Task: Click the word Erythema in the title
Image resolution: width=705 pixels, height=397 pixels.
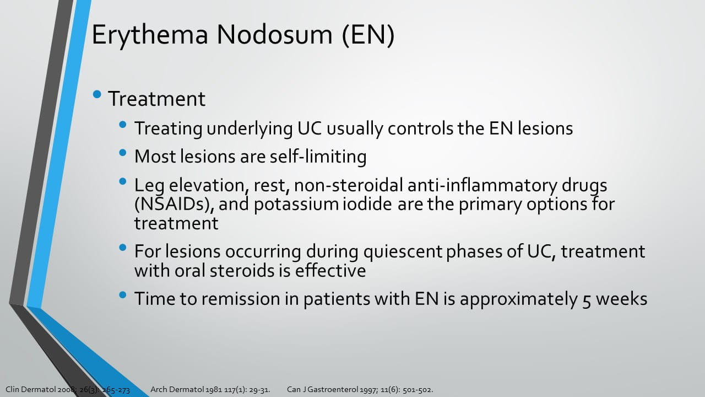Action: (x=150, y=35)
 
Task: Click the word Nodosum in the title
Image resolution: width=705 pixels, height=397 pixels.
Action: (x=274, y=34)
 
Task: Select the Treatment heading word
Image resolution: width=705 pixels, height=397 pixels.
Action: (x=157, y=99)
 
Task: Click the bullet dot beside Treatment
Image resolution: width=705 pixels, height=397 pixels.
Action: (x=97, y=94)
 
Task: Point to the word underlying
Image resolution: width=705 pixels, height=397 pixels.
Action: (x=250, y=129)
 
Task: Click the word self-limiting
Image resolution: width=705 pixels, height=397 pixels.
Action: (x=318, y=156)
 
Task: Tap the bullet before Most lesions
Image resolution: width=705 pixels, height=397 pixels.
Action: (x=123, y=153)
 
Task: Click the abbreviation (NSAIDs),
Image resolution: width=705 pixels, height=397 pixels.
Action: (x=175, y=205)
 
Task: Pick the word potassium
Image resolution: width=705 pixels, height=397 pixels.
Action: (x=296, y=205)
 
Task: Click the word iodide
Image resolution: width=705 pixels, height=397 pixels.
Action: (x=367, y=204)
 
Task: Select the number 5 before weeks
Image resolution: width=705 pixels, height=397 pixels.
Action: (x=586, y=300)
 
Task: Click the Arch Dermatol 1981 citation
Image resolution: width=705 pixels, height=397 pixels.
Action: (x=210, y=390)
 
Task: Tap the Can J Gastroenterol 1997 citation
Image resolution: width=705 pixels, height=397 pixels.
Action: (x=360, y=390)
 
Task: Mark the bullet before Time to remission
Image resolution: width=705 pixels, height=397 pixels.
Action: (x=123, y=295)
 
